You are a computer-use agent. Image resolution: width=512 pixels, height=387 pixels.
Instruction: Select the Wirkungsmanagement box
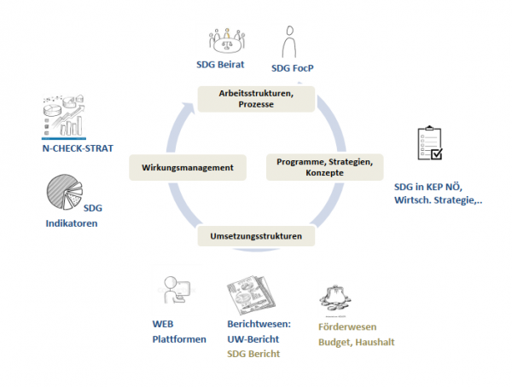pos(187,168)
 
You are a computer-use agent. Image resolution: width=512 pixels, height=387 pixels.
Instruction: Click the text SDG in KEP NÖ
pos(433,185)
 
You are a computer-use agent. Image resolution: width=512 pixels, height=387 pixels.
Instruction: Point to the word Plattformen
pos(179,339)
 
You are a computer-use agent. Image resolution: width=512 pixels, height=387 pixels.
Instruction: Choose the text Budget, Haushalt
pos(356,343)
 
